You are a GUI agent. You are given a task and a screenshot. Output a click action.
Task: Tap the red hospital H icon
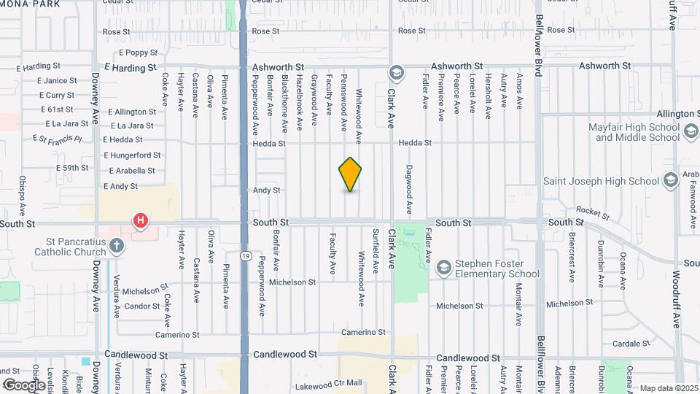(x=140, y=220)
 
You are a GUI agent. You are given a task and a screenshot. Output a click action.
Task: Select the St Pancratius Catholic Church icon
(x=116, y=246)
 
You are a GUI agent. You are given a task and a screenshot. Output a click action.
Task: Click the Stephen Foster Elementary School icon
(x=443, y=269)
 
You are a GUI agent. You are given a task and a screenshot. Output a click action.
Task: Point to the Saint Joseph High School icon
(x=671, y=181)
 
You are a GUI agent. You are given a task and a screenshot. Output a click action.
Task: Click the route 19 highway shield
(x=248, y=255)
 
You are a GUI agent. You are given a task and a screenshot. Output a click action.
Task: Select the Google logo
(x=23, y=385)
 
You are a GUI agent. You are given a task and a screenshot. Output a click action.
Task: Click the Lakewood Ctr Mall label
(x=328, y=385)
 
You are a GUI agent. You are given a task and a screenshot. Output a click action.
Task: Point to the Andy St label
(x=266, y=190)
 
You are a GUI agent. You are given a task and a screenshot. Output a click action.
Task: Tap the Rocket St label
(x=596, y=212)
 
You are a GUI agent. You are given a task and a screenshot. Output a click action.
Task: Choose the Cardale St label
(x=631, y=344)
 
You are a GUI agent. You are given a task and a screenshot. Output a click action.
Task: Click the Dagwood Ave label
(x=410, y=190)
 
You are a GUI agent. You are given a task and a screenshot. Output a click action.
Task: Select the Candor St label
(x=141, y=306)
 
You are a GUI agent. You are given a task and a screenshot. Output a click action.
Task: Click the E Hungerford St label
(x=132, y=155)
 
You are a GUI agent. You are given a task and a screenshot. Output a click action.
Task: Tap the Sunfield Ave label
(x=376, y=252)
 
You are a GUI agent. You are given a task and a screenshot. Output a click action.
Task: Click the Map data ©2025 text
(x=668, y=388)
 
